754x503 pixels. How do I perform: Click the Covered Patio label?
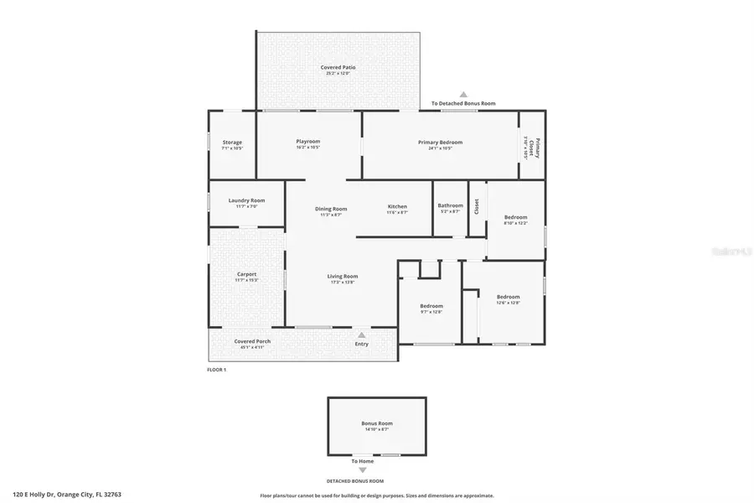pyautogui.click(x=337, y=67)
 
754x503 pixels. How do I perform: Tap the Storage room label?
pyautogui.click(x=232, y=143)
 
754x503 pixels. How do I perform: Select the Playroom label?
pyautogui.click(x=308, y=142)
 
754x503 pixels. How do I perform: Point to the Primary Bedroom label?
pyautogui.click(x=440, y=143)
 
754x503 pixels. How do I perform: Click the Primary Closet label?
pyautogui.click(x=537, y=148)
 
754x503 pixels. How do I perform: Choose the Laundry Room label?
pyautogui.click(x=246, y=200)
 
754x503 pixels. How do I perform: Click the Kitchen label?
pyautogui.click(x=397, y=206)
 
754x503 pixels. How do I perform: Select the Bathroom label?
pyautogui.click(x=451, y=205)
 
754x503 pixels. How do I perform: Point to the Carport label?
pyautogui.click(x=246, y=274)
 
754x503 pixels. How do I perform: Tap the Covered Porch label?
pyautogui.click(x=252, y=341)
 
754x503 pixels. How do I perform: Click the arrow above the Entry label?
pyautogui.click(x=362, y=334)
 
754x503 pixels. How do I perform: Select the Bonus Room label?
pyautogui.click(x=377, y=424)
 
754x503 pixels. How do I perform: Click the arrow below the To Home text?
pyautogui.click(x=363, y=470)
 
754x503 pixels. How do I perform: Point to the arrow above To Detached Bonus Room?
pyautogui.click(x=462, y=95)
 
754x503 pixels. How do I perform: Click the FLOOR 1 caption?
pyautogui.click(x=217, y=370)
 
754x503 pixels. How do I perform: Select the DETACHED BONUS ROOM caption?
pyautogui.click(x=355, y=481)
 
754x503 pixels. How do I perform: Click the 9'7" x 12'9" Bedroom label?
pyautogui.click(x=431, y=307)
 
